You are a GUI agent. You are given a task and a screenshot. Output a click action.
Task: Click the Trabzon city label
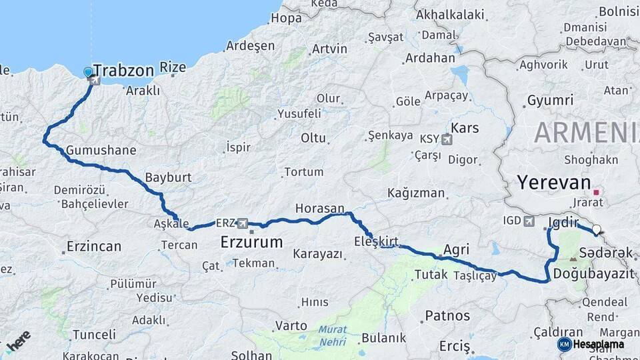pos(124,70)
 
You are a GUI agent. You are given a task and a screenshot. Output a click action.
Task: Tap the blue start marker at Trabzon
pos(88,72)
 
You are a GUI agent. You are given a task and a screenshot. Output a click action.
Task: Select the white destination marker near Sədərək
pos(597,231)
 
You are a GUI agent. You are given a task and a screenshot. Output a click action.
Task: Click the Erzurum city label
pos(251,241)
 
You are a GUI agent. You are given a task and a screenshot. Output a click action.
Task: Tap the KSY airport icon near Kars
pos(446,139)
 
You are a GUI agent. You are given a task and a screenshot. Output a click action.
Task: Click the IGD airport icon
pos(530,221)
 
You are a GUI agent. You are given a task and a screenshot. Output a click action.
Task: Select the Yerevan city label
pos(554,183)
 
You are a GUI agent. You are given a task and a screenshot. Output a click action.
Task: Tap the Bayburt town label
pos(168,178)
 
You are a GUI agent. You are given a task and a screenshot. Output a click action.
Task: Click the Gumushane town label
pos(101,150)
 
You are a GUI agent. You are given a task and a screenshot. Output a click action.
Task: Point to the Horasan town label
pos(320,209)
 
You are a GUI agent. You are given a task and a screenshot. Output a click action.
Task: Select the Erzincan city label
pos(93,247)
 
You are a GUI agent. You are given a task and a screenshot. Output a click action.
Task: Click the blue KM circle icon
pos(565,344)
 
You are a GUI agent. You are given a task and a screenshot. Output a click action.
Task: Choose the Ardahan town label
pos(430,57)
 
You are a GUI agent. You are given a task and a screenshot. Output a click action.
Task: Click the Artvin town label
pos(329,49)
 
